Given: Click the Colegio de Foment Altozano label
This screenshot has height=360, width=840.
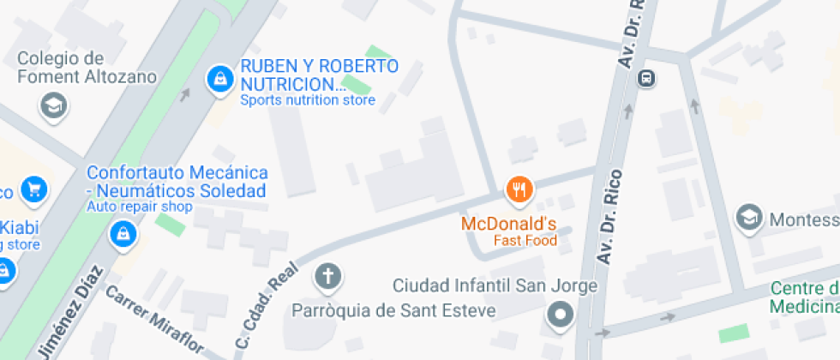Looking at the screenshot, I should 87,68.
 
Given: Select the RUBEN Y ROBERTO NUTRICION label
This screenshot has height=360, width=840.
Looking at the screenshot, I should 319,75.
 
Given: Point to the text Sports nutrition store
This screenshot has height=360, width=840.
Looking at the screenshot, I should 307,100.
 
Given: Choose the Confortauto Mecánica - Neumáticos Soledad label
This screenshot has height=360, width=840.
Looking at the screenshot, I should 177,181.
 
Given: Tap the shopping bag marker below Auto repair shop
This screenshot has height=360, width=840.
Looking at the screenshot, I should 125,232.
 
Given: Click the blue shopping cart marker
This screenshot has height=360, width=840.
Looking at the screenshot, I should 35,189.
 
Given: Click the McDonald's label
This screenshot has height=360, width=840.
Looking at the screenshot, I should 509,225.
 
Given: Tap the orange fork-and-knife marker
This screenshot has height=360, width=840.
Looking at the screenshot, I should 518,189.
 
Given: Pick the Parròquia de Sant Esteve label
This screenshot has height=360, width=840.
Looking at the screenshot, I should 393,309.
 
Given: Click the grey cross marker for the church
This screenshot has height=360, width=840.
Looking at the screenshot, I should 327,276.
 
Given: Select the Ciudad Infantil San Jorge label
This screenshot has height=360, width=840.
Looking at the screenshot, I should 494,285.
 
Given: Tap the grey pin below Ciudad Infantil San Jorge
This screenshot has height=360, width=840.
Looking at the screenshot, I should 561,315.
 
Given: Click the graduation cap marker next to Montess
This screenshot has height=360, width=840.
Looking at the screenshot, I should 750,218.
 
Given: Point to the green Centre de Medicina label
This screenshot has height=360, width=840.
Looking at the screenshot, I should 804,297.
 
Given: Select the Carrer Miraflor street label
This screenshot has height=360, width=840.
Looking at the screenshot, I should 154,320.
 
